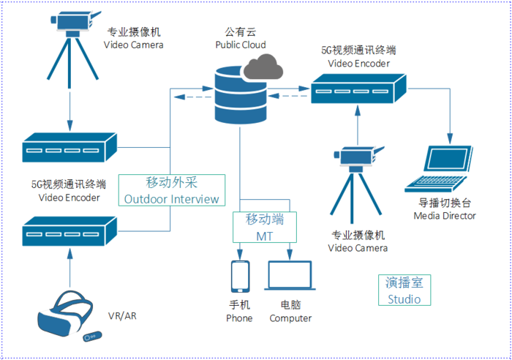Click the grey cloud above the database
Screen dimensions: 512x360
pyautogui.click(x=263, y=67)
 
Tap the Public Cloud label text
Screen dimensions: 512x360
pyautogui.click(x=241, y=45)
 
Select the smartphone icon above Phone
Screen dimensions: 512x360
pyautogui.click(x=241, y=277)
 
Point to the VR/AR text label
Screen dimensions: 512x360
pyautogui.click(x=122, y=316)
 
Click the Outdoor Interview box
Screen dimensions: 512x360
pyautogui.click(x=172, y=190)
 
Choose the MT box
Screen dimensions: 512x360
pyautogui.click(x=265, y=227)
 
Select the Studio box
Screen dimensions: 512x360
pyautogui.click(x=404, y=290)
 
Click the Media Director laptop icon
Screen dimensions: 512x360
pyautogui.click(x=439, y=169)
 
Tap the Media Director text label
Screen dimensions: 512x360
pyautogui.click(x=445, y=216)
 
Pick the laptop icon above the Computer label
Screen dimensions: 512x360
pyautogui.click(x=290, y=275)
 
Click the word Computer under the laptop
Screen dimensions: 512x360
pyautogui.click(x=290, y=318)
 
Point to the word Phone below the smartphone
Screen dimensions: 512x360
pyautogui.click(x=239, y=318)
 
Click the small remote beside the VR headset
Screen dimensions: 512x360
pyautogui.click(x=92, y=337)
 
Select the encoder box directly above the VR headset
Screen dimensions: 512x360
pyautogui.click(x=69, y=231)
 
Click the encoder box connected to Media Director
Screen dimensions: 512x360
pyautogui.click(x=358, y=89)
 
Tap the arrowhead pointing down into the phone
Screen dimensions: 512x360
pyautogui.click(x=240, y=255)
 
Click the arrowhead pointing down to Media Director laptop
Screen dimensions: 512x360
pyautogui.click(x=451, y=138)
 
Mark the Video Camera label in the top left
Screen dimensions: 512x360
pyautogui.click(x=134, y=45)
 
